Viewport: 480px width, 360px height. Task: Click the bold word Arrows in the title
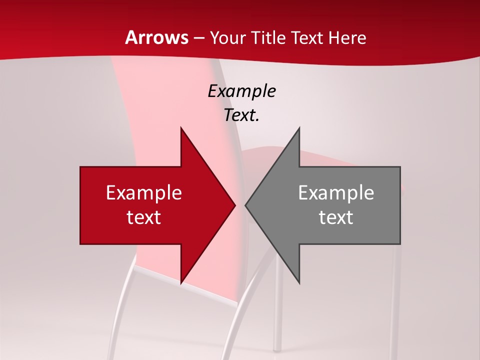point(156,37)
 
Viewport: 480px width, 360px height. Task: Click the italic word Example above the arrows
point(241,91)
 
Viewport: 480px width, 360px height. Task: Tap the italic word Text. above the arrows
point(241,115)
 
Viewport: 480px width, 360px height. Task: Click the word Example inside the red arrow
point(144,192)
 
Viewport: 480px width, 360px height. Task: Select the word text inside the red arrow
point(144,217)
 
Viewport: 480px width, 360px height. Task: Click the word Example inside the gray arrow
point(336,192)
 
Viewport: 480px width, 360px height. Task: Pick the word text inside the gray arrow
point(336,217)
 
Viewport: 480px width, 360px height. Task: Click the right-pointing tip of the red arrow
point(234,205)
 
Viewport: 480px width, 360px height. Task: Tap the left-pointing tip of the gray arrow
point(246,205)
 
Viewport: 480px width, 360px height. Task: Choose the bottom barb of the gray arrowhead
point(298,281)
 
